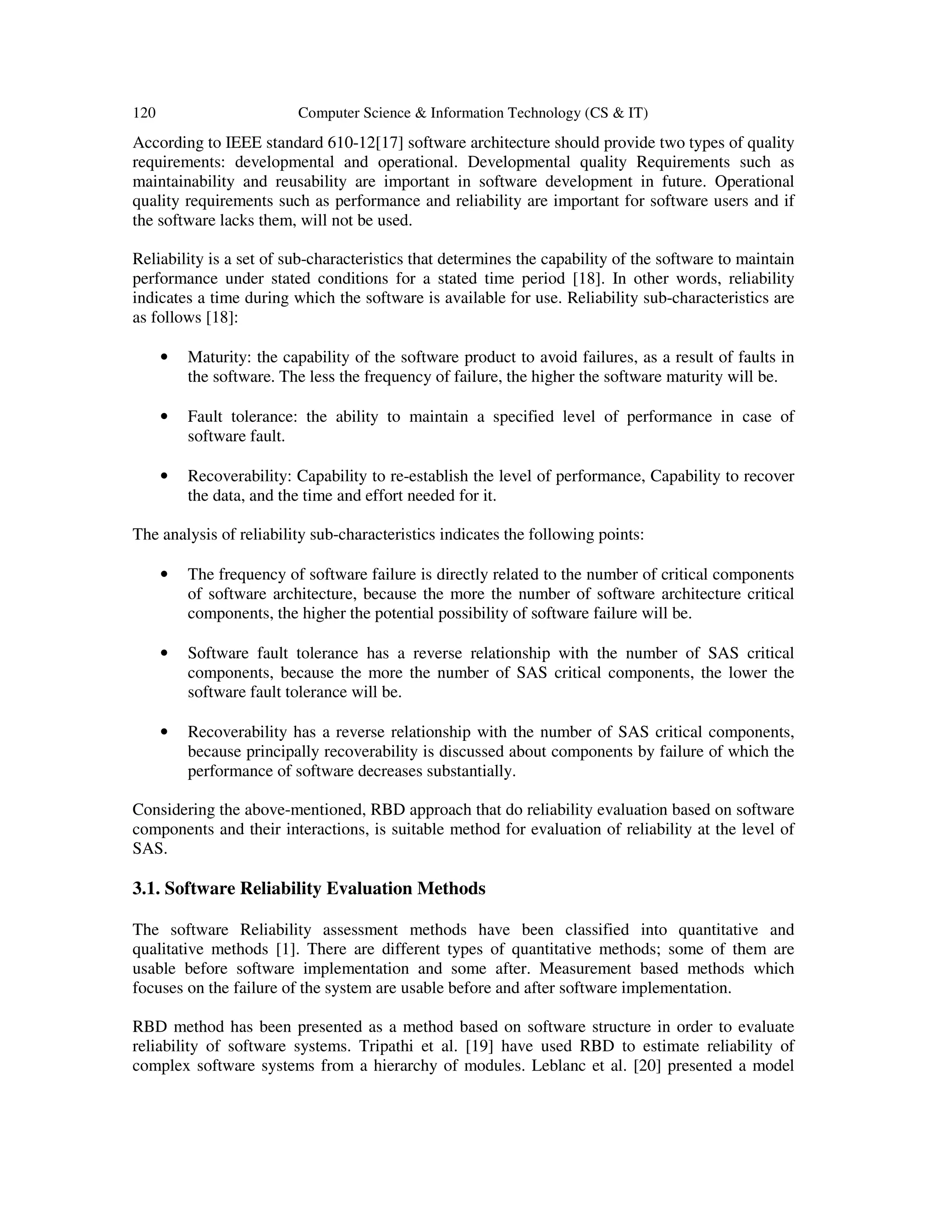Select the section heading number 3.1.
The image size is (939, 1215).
[146, 889]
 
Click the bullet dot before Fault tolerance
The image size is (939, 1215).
[164, 416]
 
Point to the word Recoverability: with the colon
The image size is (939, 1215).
[240, 476]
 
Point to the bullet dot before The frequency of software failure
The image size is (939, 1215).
[164, 574]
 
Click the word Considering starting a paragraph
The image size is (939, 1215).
[168, 810]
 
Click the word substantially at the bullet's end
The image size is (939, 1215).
[477, 772]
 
